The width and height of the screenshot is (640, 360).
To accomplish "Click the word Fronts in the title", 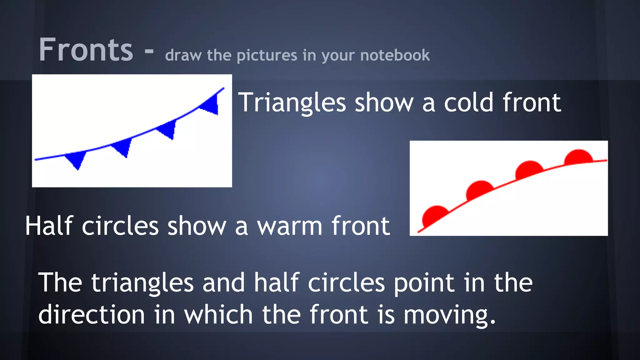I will click(86, 50).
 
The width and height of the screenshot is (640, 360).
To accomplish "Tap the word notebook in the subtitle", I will click(395, 55).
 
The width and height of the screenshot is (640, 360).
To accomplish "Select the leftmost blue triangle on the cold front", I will click(77, 159).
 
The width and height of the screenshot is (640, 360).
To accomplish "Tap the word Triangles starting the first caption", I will click(292, 103).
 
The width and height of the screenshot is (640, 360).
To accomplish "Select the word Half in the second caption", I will click(49, 226).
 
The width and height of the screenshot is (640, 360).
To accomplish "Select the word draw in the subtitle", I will click(183, 55).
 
